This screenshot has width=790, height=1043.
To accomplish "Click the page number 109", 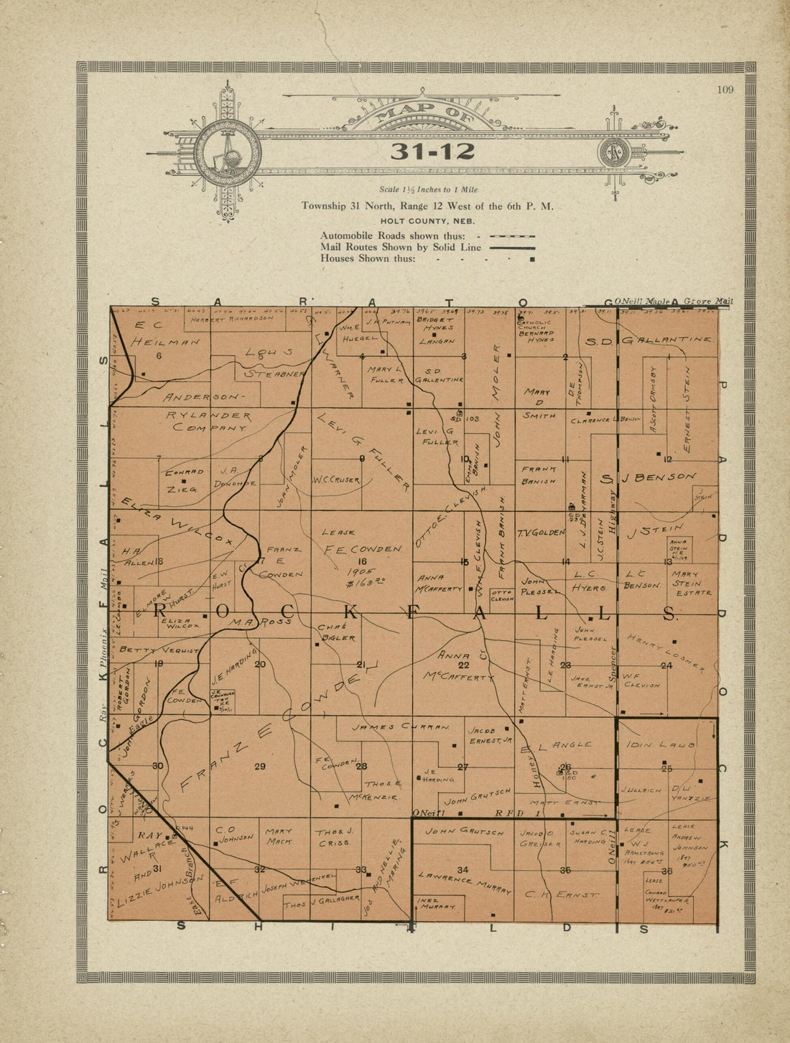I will pos(724,90).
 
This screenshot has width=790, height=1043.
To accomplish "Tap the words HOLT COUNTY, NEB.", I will pos(427,220).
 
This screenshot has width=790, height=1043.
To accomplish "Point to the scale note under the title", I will pos(428,190).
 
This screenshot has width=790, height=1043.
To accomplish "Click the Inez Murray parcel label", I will pos(437,904).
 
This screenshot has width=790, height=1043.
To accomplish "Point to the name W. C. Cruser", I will pos(336,480).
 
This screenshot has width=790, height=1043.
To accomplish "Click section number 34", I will pos(463,870).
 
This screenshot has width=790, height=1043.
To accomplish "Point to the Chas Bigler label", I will pos(337,632).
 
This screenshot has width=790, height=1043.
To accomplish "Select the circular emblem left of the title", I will pos(227,152).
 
